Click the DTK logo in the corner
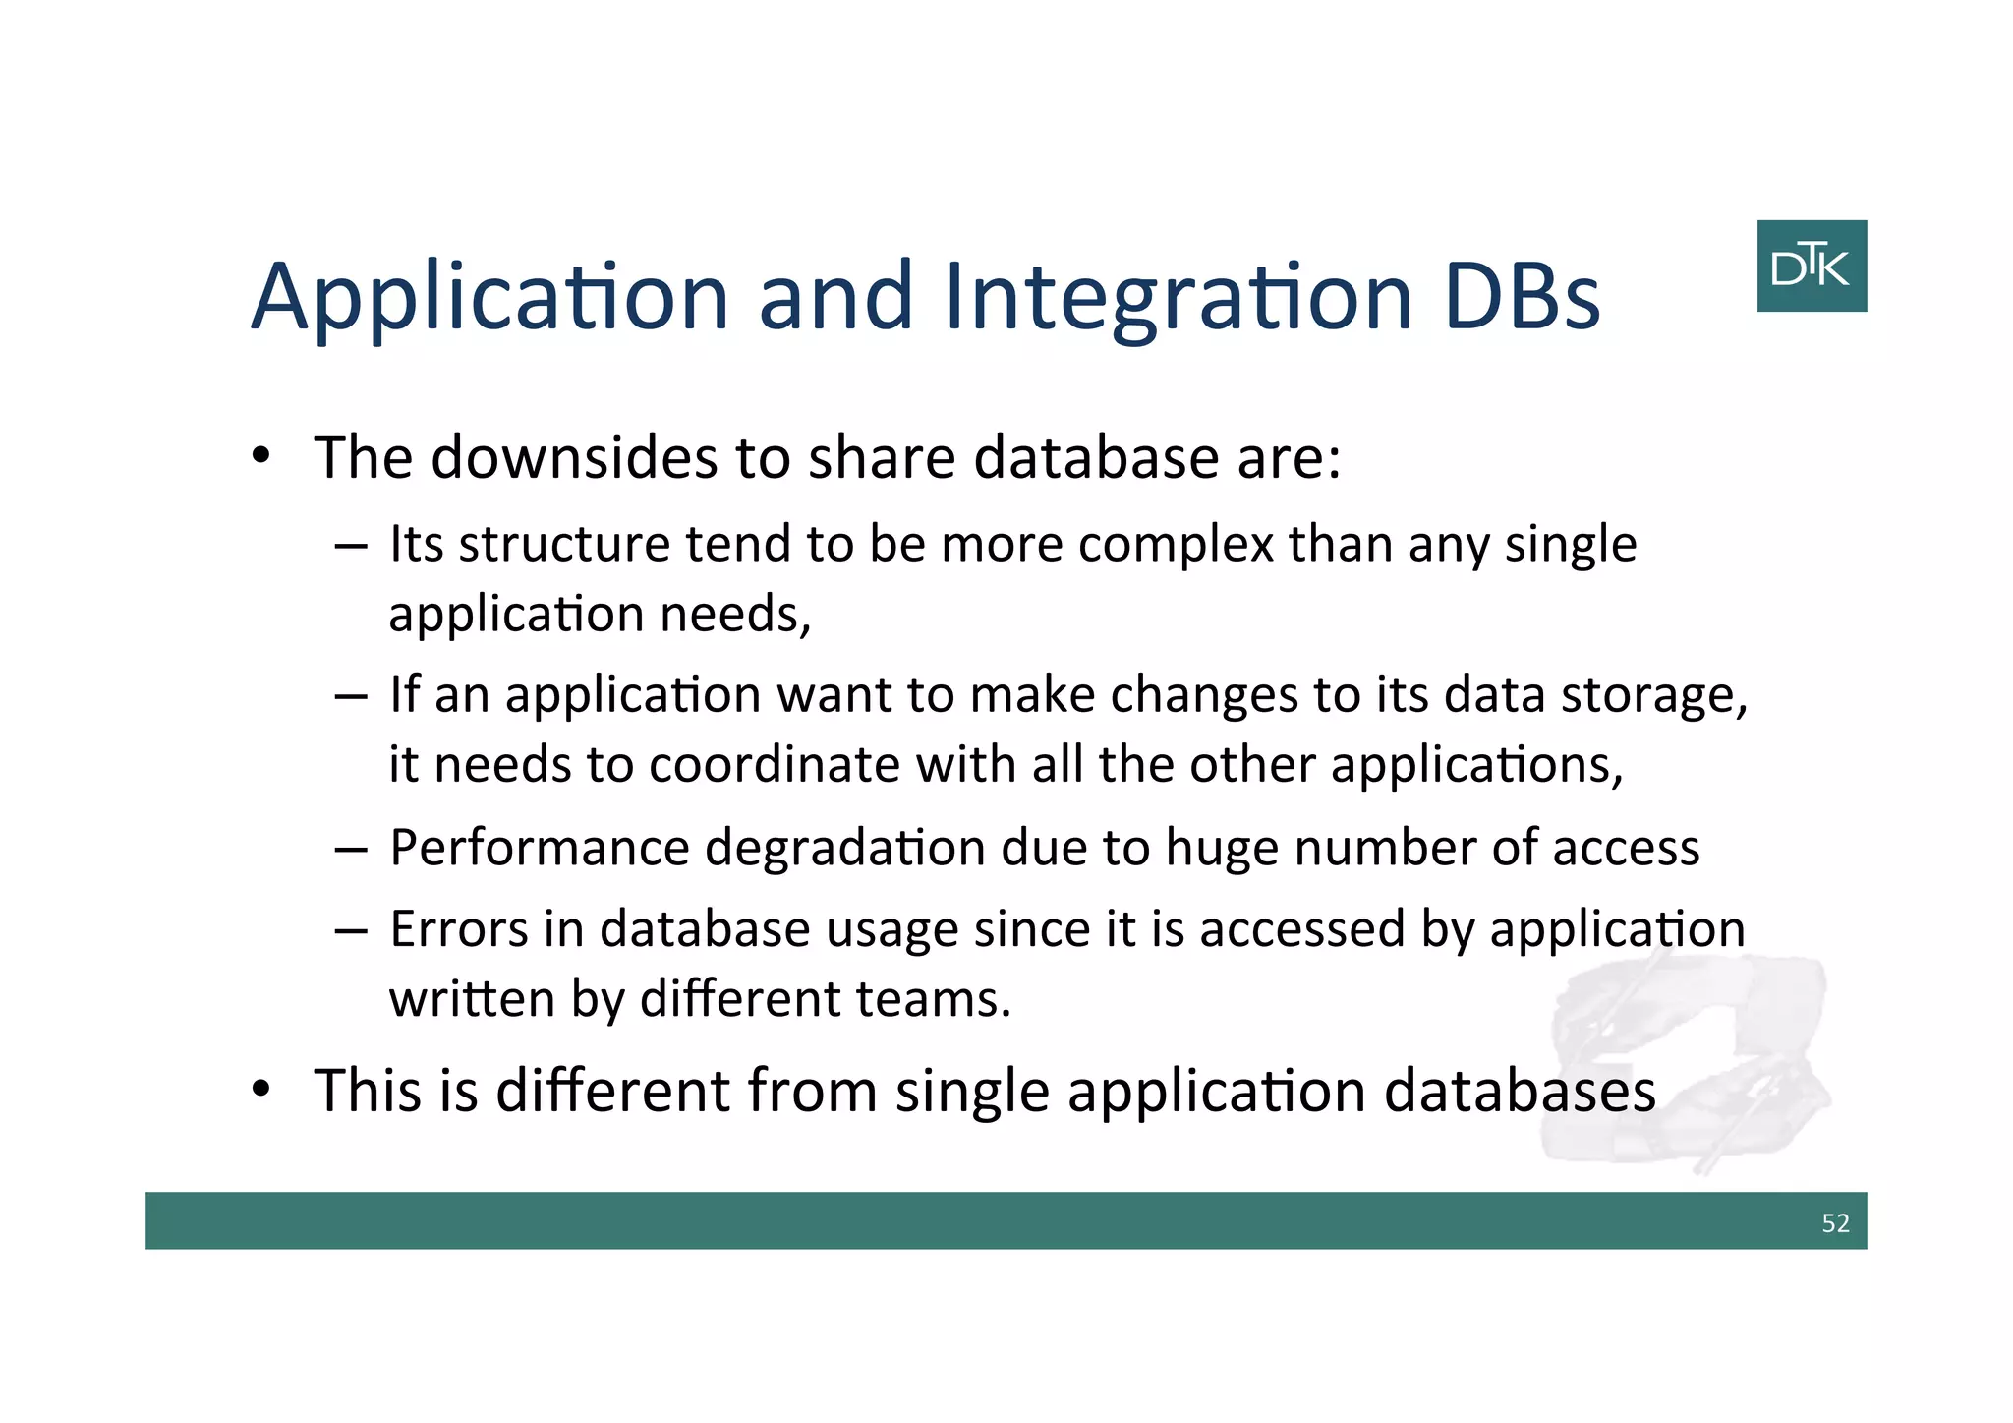1811,266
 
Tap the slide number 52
1834,1222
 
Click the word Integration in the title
1178,297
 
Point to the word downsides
574,457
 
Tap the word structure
564,545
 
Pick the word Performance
540,848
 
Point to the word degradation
844,848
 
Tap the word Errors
459,929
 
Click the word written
472,999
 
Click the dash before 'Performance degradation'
351,849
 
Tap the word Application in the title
489,297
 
